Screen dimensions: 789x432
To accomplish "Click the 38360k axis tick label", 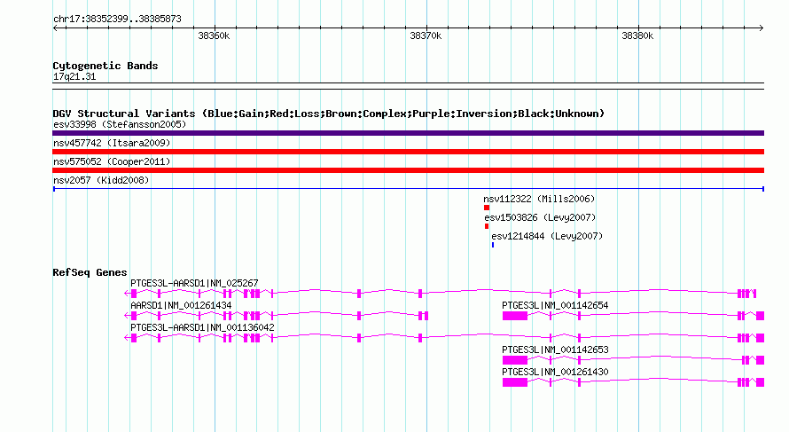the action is (x=214, y=35).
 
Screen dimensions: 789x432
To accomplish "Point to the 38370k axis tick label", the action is (x=426, y=35).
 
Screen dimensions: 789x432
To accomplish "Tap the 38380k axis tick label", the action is (x=637, y=35).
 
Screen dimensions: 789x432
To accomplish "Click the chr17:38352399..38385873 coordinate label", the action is (x=117, y=20).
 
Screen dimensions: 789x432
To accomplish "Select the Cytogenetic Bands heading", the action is (x=105, y=66).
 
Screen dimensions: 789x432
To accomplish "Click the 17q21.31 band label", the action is (x=74, y=76).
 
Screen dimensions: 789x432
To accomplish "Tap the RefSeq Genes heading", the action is (x=90, y=272).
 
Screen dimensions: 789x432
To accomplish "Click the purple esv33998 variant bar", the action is (x=408, y=133).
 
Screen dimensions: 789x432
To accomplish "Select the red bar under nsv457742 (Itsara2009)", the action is (x=408, y=152).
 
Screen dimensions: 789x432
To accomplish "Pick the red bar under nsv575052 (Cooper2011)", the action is (x=408, y=170).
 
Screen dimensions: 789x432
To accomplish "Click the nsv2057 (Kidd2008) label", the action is (x=101, y=180).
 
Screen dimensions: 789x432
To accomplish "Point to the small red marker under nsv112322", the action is (x=487, y=208).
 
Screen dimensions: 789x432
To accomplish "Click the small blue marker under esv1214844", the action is (x=493, y=245).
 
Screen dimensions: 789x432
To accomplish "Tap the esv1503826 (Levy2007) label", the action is (x=540, y=217).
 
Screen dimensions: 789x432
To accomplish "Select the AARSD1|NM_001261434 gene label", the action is (x=181, y=306).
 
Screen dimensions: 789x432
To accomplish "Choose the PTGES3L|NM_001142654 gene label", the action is (x=555, y=306).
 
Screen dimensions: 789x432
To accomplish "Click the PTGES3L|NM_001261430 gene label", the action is (x=555, y=372).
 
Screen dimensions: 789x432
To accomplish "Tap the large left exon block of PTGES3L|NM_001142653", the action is (x=515, y=360).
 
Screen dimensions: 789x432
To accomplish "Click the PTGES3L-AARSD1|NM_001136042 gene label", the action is (x=202, y=328).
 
